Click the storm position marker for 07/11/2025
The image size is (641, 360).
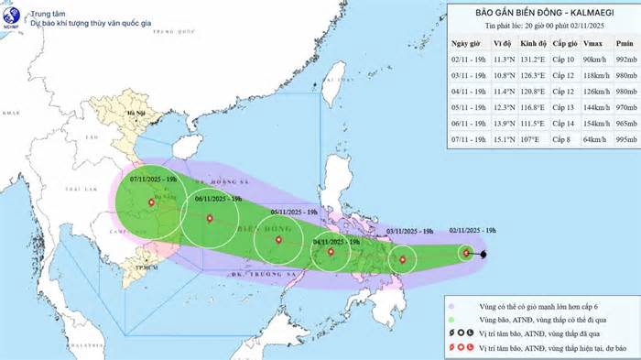tap(151, 202)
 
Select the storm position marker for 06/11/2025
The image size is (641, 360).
tap(210, 218)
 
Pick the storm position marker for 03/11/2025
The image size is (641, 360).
tap(403, 260)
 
